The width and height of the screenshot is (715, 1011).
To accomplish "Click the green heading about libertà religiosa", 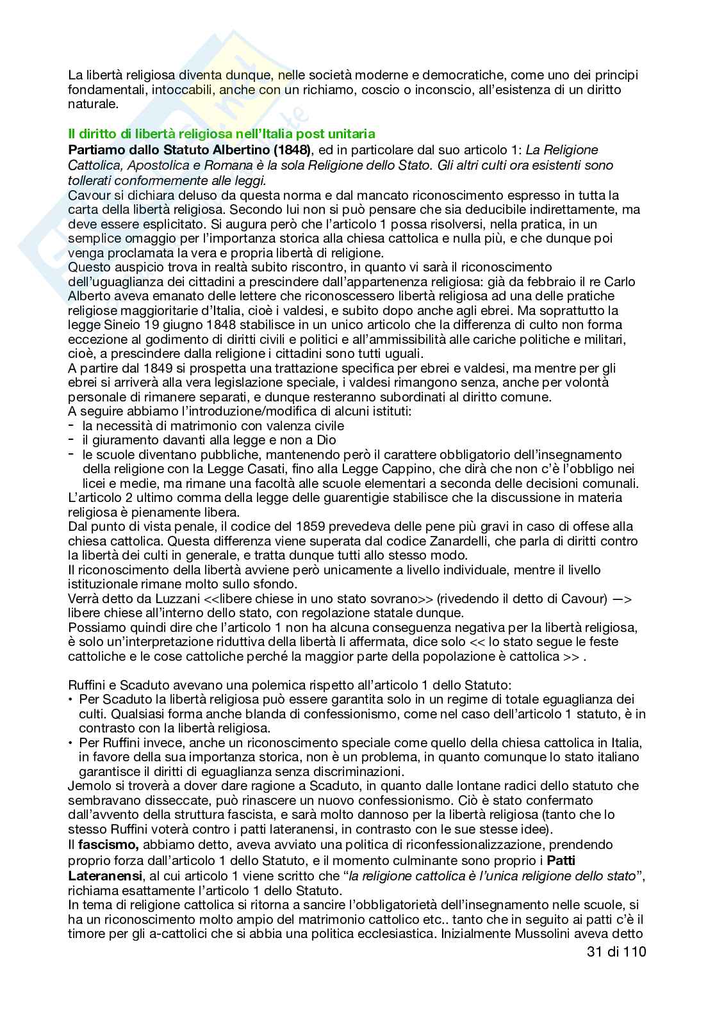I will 221,134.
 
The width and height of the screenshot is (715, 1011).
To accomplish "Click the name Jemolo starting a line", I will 87,786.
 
